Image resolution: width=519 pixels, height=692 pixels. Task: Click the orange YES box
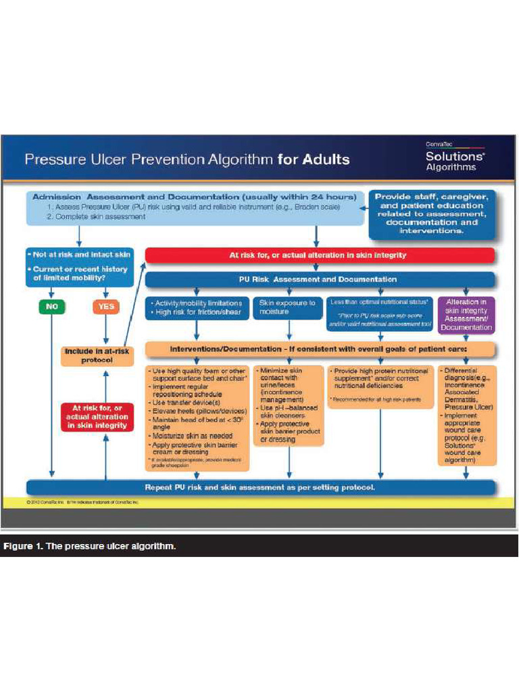coord(105,307)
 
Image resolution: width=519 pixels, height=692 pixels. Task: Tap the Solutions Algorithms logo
coord(450,158)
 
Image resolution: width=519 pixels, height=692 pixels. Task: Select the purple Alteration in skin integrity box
coord(466,314)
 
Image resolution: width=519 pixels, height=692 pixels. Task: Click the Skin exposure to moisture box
coord(288,307)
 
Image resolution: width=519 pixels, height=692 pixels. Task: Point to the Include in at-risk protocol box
coord(98,355)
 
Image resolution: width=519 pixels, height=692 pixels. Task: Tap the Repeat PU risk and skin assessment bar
coord(259,487)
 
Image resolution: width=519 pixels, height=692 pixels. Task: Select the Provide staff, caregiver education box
coord(432,213)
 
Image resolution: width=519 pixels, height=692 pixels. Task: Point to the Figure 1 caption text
coord(89,545)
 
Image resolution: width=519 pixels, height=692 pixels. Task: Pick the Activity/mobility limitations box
coord(198,307)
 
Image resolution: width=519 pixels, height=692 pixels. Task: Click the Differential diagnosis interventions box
coord(467,415)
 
